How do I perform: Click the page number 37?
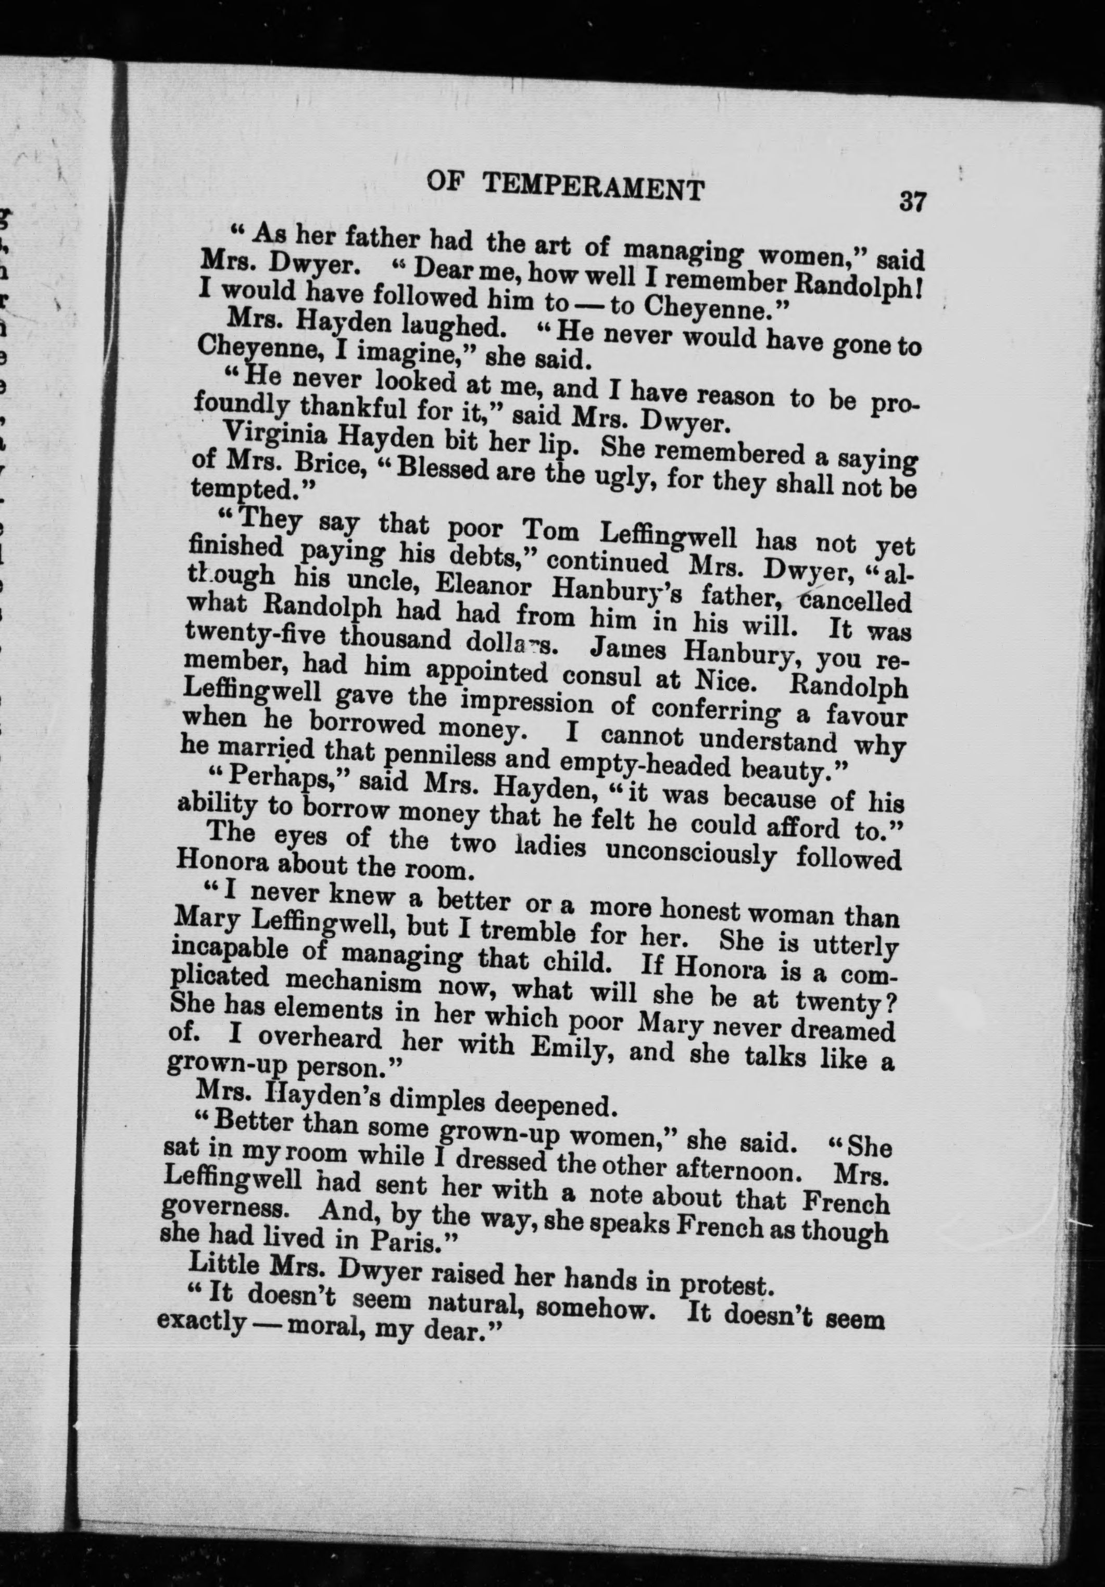(912, 203)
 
